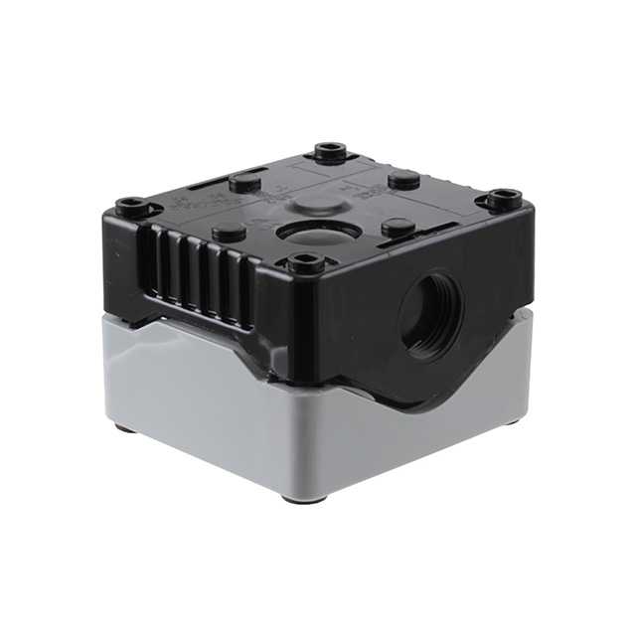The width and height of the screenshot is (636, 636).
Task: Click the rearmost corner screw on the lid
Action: click(331, 152)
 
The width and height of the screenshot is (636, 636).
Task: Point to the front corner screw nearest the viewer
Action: click(305, 263)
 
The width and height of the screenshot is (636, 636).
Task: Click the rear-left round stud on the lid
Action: click(244, 182)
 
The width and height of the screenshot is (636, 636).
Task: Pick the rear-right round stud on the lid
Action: click(402, 180)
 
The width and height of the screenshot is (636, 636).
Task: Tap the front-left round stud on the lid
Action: click(230, 232)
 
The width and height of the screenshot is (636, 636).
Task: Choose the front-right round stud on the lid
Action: click(398, 228)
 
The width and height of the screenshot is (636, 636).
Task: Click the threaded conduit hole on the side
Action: click(430, 311)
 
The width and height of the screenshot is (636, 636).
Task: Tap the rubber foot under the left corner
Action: click(125, 428)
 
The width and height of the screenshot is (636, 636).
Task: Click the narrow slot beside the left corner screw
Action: click(199, 188)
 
